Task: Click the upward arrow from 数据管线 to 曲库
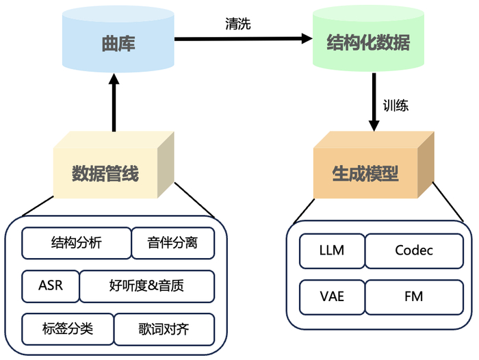click(114, 103)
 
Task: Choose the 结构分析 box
click(76, 242)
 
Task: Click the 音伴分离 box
click(172, 242)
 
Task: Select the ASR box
click(50, 285)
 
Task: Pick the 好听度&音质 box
click(147, 285)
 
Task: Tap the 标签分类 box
click(67, 329)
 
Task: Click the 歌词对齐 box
click(164, 329)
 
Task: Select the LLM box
click(331, 250)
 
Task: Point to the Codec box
click(414, 250)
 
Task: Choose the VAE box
click(331, 296)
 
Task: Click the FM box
click(414, 296)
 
